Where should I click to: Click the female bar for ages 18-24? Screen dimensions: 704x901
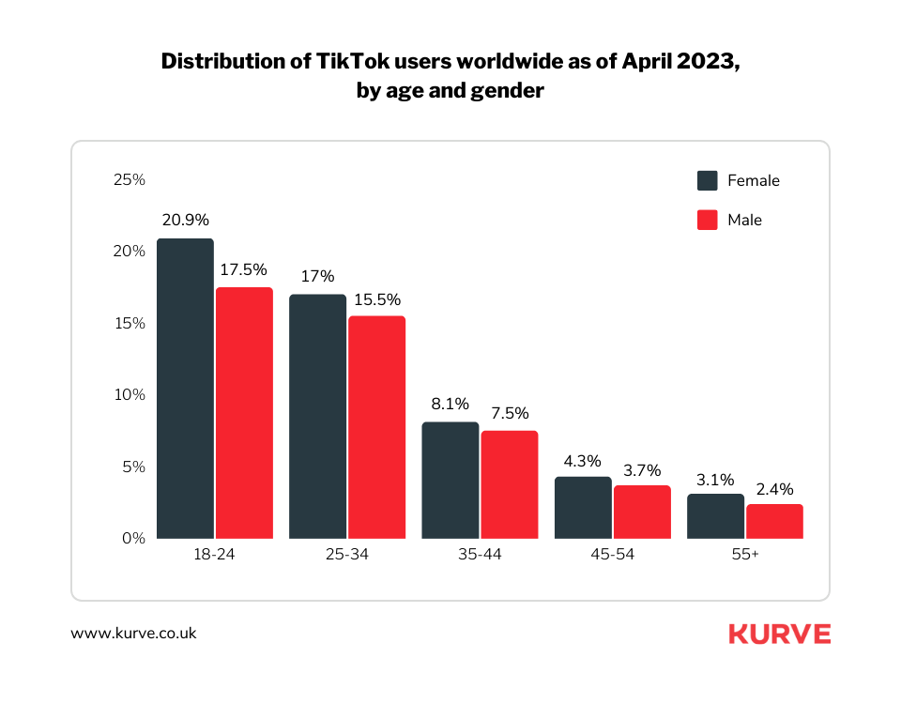[x=185, y=389]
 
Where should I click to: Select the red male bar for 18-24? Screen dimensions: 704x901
[x=244, y=413]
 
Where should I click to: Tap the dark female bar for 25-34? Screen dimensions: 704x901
[x=317, y=417]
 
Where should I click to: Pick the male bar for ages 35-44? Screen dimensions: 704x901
[x=510, y=484]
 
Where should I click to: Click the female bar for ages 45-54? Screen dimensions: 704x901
[x=583, y=508]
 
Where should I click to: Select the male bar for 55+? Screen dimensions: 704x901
[x=774, y=521]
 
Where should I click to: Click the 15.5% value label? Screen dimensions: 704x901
[x=376, y=299]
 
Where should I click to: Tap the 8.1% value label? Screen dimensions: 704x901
[x=450, y=405]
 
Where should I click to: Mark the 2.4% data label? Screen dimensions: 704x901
[x=774, y=488]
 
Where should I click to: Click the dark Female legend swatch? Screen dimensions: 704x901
[x=708, y=180]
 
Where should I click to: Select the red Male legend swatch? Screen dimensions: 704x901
[x=708, y=221]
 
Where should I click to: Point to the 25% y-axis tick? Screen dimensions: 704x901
[x=129, y=179]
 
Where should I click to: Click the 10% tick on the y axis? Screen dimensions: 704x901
[x=129, y=394]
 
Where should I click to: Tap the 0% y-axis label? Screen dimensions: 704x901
[x=132, y=538]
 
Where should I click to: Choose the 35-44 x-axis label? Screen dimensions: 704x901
[x=480, y=555]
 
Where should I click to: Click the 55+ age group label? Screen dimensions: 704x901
[x=745, y=555]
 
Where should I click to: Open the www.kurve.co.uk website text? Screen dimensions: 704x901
[x=133, y=634]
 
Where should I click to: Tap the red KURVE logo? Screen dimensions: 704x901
[x=779, y=634]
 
